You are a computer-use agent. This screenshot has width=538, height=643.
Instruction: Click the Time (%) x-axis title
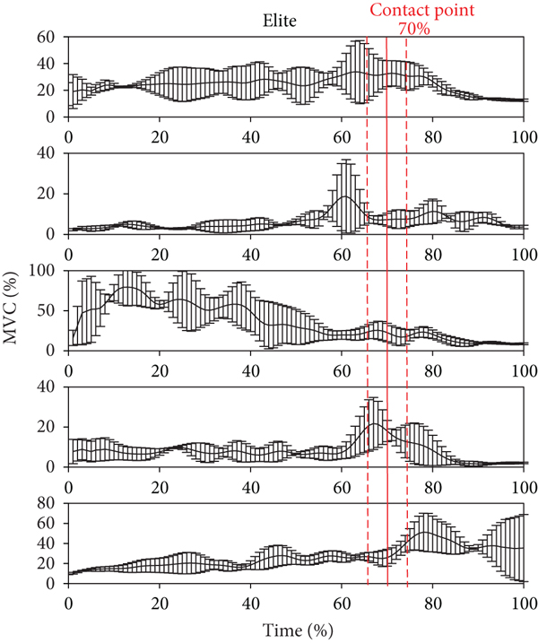pyautogui.click(x=296, y=630)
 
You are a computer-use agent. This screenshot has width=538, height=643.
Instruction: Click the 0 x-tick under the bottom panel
pyautogui.click(x=69, y=604)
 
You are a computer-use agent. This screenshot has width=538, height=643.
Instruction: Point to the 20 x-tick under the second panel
pyautogui.click(x=160, y=254)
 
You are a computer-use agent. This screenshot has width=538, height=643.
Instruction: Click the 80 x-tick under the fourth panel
pyautogui.click(x=433, y=487)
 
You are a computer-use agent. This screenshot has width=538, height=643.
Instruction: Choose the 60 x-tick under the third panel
pyautogui.click(x=342, y=370)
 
